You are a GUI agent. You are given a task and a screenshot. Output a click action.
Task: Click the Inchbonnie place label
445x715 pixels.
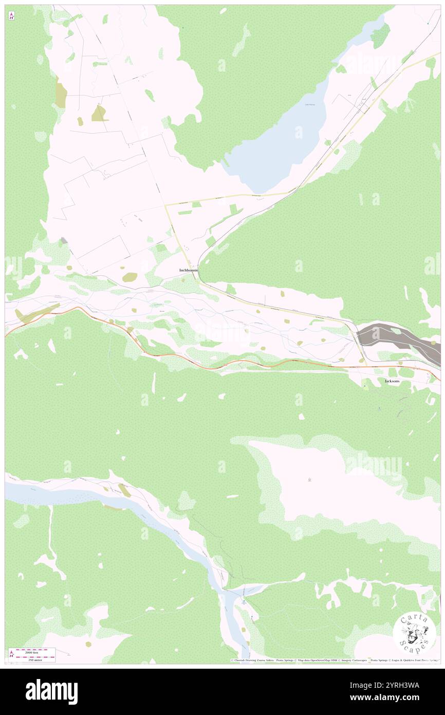[188, 270]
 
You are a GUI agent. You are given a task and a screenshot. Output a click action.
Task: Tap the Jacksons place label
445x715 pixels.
[392, 381]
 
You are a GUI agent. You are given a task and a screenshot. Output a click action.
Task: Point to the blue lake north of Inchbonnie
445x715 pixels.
[277, 139]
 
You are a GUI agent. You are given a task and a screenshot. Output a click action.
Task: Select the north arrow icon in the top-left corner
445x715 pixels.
[11, 16]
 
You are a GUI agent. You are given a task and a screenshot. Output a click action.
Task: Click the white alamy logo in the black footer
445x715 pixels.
[51, 691]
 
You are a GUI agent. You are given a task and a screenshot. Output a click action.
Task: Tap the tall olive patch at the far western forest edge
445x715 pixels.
[61, 93]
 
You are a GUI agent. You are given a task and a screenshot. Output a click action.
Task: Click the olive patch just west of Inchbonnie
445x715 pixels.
[130, 277]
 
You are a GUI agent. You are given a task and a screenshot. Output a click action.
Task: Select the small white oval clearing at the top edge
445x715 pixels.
[223, 10]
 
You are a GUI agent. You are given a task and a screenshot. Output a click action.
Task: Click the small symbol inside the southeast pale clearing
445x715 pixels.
[309, 480]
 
